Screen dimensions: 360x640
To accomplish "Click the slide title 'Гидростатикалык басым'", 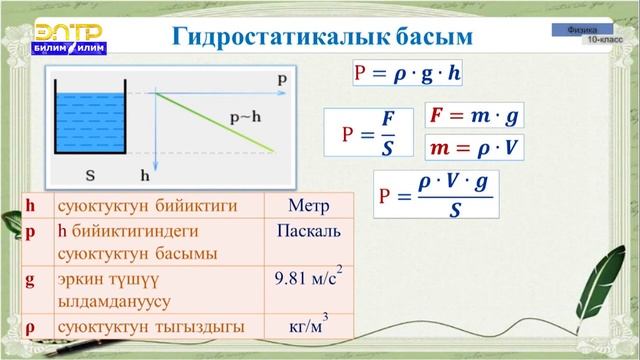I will pos(321,36).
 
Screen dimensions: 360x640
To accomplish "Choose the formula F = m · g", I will pos(475,117).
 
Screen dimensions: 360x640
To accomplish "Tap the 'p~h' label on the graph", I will pos(246,117).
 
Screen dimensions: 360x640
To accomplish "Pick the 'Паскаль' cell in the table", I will pos(308,232).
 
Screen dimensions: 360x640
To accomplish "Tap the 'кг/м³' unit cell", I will pos(308,326).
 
